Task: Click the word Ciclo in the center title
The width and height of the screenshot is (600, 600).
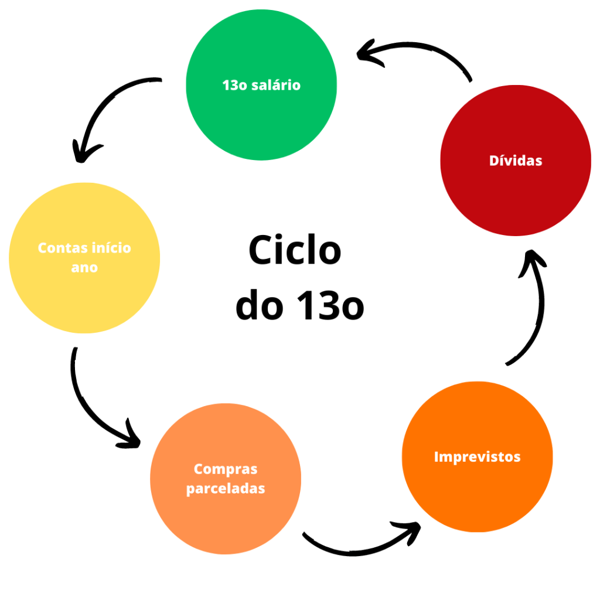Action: [295, 250]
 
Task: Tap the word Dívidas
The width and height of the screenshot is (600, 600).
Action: [516, 160]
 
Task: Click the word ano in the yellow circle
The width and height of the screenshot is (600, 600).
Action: [85, 268]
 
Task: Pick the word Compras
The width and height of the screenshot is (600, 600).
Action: [226, 469]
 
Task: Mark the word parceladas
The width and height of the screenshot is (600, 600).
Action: [226, 488]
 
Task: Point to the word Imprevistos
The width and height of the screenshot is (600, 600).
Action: [477, 456]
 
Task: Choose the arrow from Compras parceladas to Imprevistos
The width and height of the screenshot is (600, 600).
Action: [363, 542]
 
